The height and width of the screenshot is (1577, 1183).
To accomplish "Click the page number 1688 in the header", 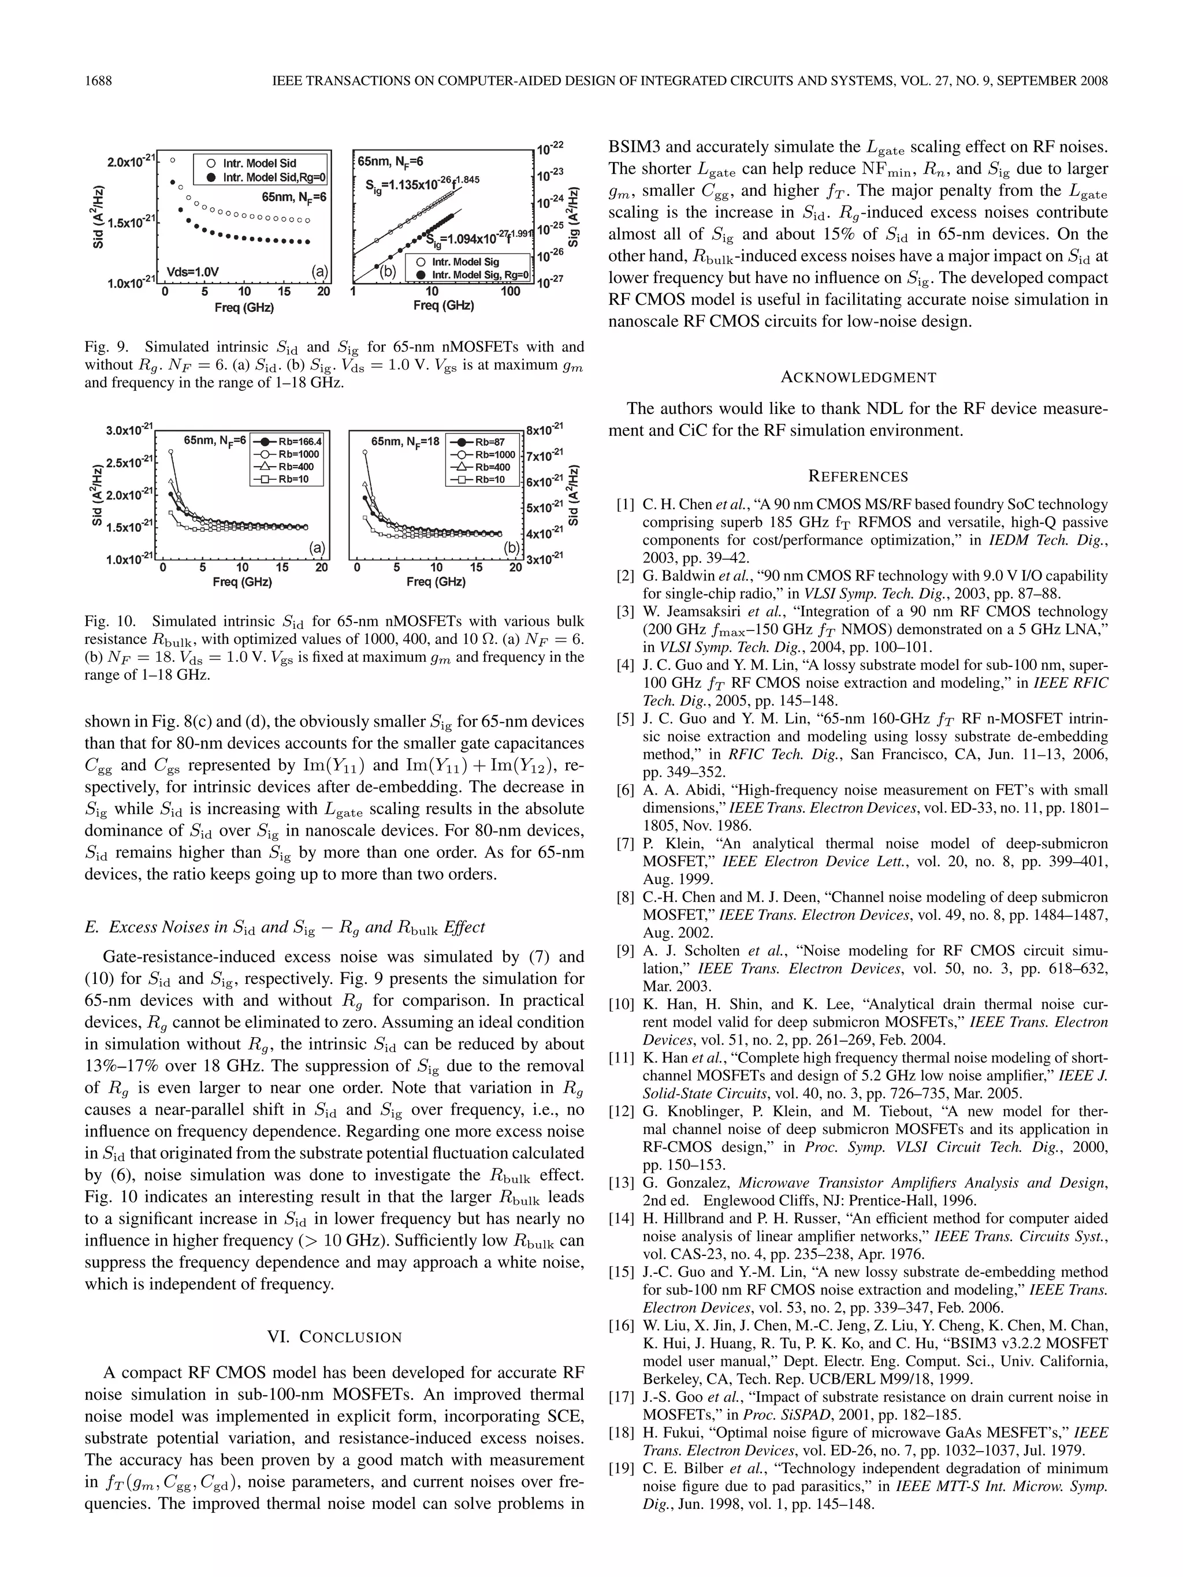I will click(98, 81).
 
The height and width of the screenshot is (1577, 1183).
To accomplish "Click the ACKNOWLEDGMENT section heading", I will click(858, 377).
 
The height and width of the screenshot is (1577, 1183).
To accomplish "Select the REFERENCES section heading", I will click(858, 476).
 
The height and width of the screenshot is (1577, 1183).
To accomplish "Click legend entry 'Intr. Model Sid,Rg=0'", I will click(274, 177).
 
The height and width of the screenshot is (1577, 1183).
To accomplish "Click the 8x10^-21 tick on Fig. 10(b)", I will click(545, 429).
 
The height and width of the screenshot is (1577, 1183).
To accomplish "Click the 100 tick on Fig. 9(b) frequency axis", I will click(510, 292).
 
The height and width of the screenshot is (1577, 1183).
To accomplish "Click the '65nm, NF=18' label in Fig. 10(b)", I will click(404, 441).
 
